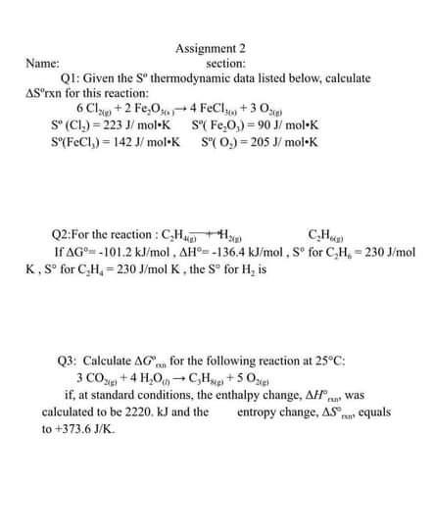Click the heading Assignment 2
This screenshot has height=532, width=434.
(x=210, y=47)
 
